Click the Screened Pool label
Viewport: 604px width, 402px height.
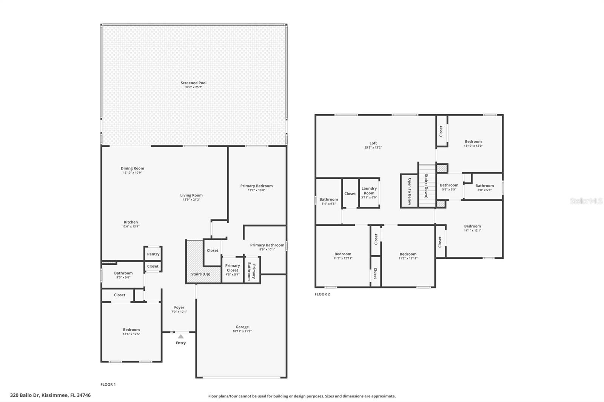(193, 83)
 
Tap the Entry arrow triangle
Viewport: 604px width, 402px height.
(181, 336)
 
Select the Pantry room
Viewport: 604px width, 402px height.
(153, 254)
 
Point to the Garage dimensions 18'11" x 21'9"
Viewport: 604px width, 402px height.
(242, 331)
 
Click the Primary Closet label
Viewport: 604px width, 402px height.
(233, 268)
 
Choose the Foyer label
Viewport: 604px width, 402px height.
(179, 307)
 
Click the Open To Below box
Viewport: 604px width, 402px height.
(409, 191)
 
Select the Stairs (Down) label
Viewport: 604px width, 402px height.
(426, 186)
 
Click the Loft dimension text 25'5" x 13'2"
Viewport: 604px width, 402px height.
(373, 147)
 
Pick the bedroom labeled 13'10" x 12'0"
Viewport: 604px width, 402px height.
(473, 143)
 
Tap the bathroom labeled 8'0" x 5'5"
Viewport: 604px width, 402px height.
(484, 187)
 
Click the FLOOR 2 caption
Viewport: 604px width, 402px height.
(322, 294)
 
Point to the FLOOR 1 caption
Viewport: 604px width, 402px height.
(108, 385)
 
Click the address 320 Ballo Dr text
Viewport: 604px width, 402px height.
(50, 396)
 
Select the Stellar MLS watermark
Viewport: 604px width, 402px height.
(586, 201)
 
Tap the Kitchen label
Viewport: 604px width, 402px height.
(131, 222)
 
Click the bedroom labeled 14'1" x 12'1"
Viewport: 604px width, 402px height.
(472, 228)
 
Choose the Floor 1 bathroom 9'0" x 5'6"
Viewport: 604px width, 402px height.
(123, 275)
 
